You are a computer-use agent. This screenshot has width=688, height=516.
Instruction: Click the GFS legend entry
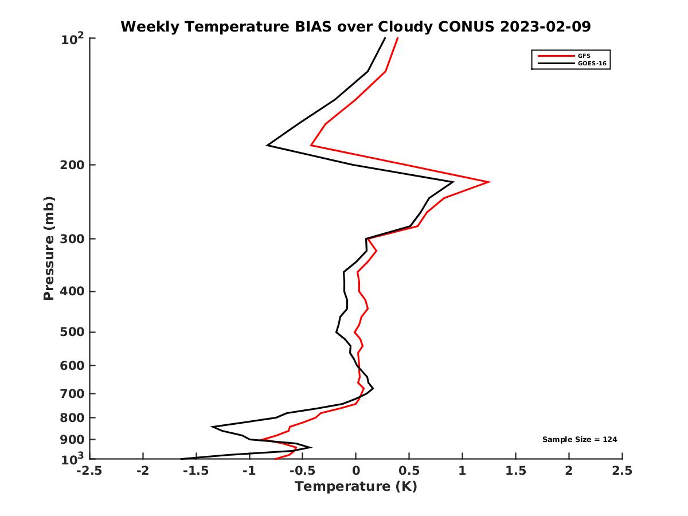coord(584,56)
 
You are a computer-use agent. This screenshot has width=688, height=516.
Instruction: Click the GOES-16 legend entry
coord(590,64)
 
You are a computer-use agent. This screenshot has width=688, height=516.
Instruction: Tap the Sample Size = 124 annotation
coord(580,440)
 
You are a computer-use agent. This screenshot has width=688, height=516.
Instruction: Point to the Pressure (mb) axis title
coord(49,248)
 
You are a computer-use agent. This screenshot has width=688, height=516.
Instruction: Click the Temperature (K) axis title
coord(355,487)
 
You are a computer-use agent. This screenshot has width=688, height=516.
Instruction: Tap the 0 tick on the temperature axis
coord(356,471)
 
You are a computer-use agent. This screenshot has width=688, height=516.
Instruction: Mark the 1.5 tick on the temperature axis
coord(516,471)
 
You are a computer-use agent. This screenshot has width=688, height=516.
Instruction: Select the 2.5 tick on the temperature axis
coord(622,471)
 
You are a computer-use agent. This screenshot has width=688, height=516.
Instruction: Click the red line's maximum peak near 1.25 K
coord(489,182)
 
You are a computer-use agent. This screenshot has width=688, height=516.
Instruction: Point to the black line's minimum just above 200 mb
coord(267,146)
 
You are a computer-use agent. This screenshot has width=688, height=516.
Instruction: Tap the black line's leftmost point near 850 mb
coord(212,427)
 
